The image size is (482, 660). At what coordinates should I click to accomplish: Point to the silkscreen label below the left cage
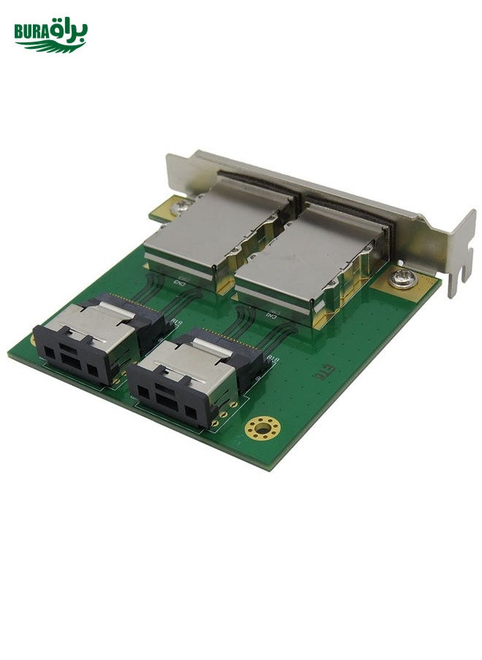click(178, 280)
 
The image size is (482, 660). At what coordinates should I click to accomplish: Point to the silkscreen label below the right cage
click(271, 315)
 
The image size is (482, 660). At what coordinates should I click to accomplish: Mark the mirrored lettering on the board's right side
click(319, 374)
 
